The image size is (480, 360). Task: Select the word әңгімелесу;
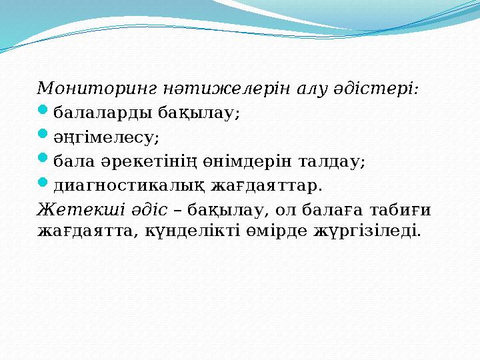pyautogui.click(x=106, y=137)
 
